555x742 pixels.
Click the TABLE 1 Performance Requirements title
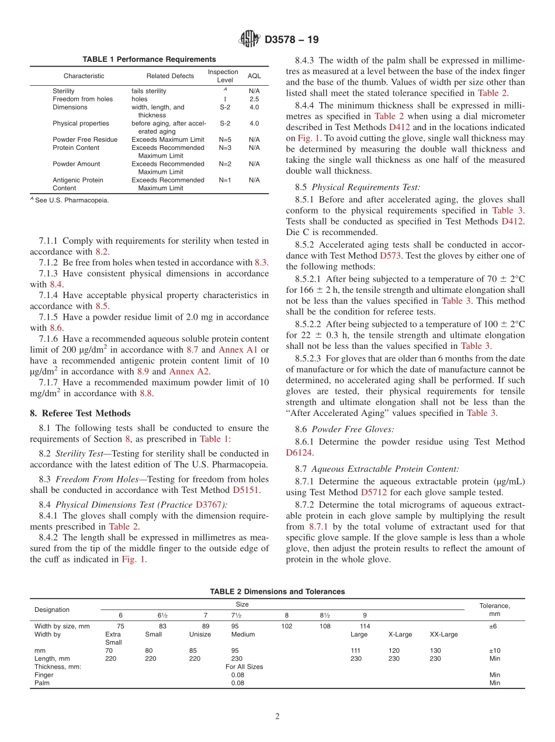pyautogui.click(x=149, y=60)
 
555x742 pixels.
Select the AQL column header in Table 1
pyautogui.click(x=254, y=76)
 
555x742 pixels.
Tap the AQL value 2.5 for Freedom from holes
pyautogui.click(x=254, y=99)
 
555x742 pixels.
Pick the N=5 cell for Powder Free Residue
pyautogui.click(x=225, y=139)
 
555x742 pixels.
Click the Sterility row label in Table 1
pyautogui.click(x=63, y=91)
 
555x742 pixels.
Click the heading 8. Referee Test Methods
pyautogui.click(x=80, y=413)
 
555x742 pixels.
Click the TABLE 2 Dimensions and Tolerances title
pyautogui.click(x=277, y=591)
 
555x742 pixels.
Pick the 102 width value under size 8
pyautogui.click(x=287, y=626)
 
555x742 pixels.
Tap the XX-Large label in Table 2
pyautogui.click(x=443, y=634)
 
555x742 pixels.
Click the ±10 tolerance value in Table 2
pyautogui.click(x=494, y=650)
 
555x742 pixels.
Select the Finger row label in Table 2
pyautogui.click(x=44, y=675)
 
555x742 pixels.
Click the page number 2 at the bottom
pyautogui.click(x=277, y=716)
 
